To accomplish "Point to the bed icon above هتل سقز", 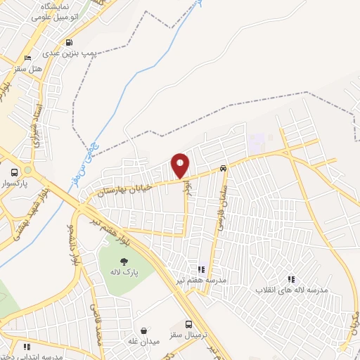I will coord(27,58).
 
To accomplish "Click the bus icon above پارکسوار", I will coord(15,172).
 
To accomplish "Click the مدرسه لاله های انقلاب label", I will coord(290,290).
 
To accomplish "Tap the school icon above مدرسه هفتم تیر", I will coord(202,269).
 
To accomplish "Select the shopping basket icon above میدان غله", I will coord(143,330).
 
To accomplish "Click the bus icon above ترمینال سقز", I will coord(188,324).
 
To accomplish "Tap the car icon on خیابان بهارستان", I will coord(223,168).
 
